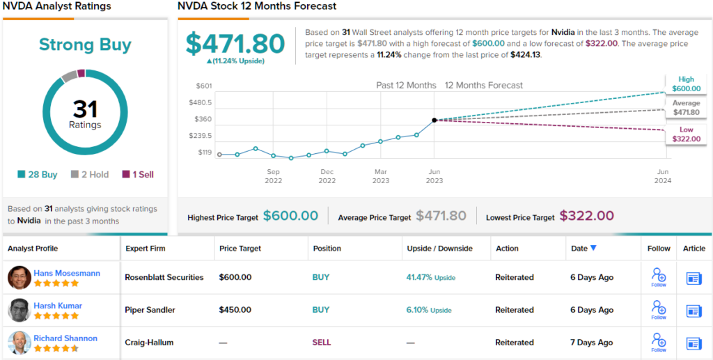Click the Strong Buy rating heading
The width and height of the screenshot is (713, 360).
pos(85,45)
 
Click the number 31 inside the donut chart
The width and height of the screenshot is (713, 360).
pos(85,109)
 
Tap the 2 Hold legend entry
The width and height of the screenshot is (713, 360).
pos(90,175)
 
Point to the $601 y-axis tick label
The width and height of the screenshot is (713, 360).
pos(204,86)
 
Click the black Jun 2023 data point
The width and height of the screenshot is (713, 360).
pos(434,120)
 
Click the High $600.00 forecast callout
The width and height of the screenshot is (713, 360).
pos(686,84)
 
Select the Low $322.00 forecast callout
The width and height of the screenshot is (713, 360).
pos(686,134)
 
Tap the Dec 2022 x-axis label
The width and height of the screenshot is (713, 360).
pos(327,175)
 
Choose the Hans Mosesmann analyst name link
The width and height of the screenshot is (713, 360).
pos(67,273)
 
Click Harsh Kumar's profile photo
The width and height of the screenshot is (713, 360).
pos(19,310)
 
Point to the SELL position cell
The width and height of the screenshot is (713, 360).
pos(322,343)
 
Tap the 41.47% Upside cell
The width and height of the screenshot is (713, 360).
pos(430,277)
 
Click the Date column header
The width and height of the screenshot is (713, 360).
pos(584,249)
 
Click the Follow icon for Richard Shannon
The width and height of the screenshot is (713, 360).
pos(658,341)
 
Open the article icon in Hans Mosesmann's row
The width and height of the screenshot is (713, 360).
pos(694,278)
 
